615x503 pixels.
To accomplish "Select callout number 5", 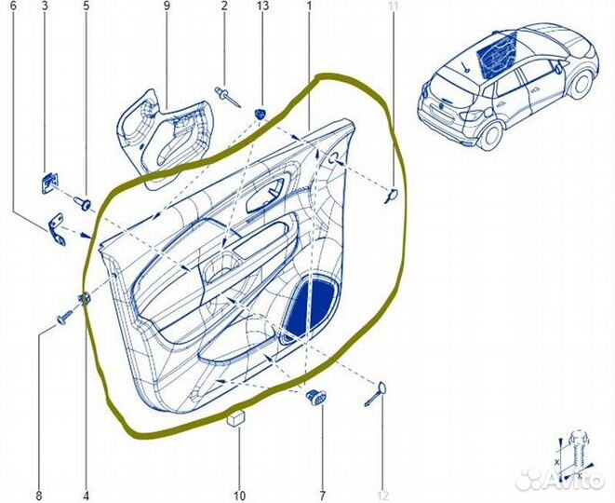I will (87, 7).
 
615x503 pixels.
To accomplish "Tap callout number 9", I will (167, 7).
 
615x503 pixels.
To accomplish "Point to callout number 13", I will (261, 7).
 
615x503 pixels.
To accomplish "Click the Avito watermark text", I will (568, 482).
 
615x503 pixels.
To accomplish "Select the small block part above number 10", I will (236, 417).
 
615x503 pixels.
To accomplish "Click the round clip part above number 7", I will (316, 398).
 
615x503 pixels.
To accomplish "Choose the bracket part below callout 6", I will (58, 229).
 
